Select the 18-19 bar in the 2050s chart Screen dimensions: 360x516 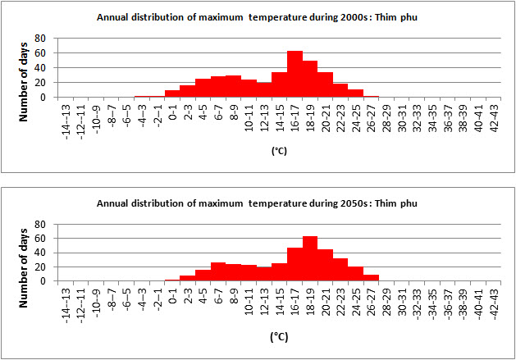pyautogui.click(x=309, y=258)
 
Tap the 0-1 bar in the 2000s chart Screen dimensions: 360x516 pyautogui.click(x=172, y=93)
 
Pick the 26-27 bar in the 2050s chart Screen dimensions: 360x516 pyautogui.click(x=371, y=277)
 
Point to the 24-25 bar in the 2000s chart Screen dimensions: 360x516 pyautogui.click(x=355, y=93)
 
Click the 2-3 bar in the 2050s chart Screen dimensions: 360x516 pyautogui.click(x=188, y=278)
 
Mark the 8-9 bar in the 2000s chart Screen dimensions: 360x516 pyautogui.click(x=233, y=86)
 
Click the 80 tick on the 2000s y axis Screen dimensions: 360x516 pyautogui.click(x=48, y=39)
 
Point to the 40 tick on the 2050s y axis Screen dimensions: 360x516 pyautogui.click(x=48, y=253)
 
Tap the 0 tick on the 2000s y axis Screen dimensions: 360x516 pyautogui.click(x=51, y=97)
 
